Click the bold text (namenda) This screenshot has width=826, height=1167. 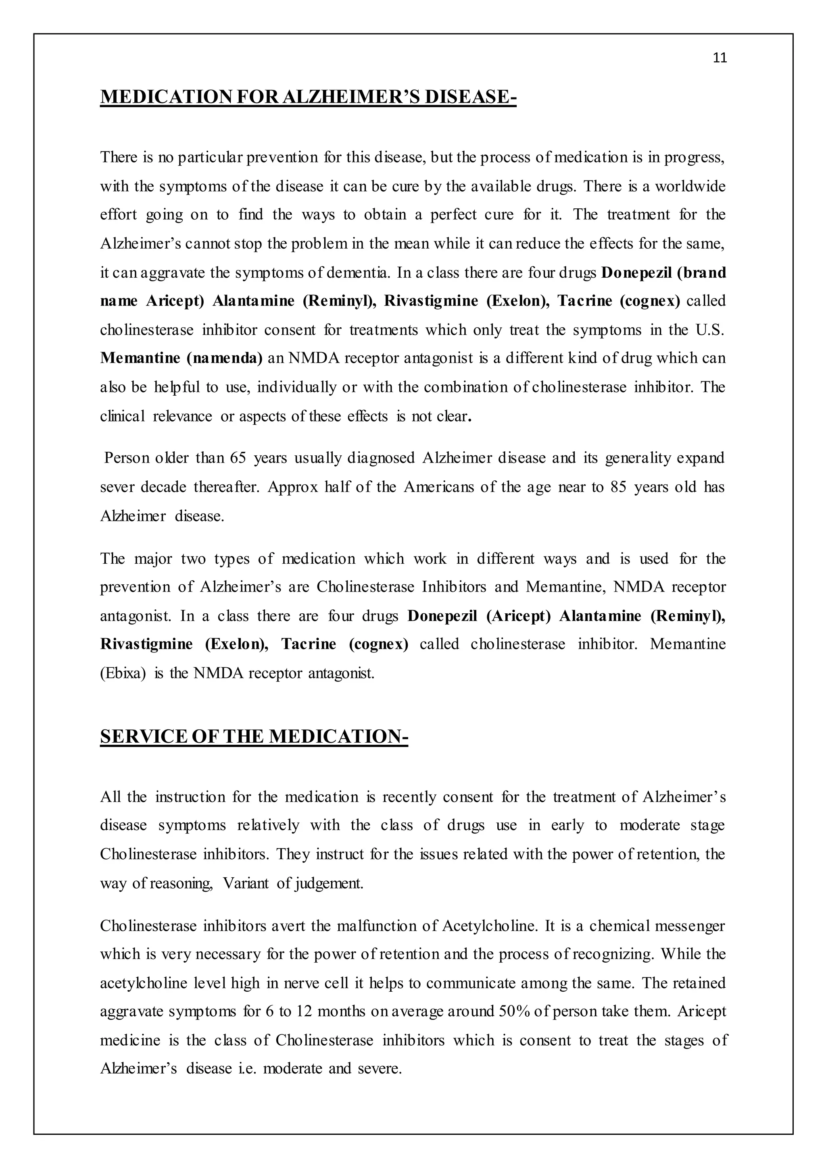(x=224, y=358)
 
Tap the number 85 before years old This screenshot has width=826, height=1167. (x=618, y=487)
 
